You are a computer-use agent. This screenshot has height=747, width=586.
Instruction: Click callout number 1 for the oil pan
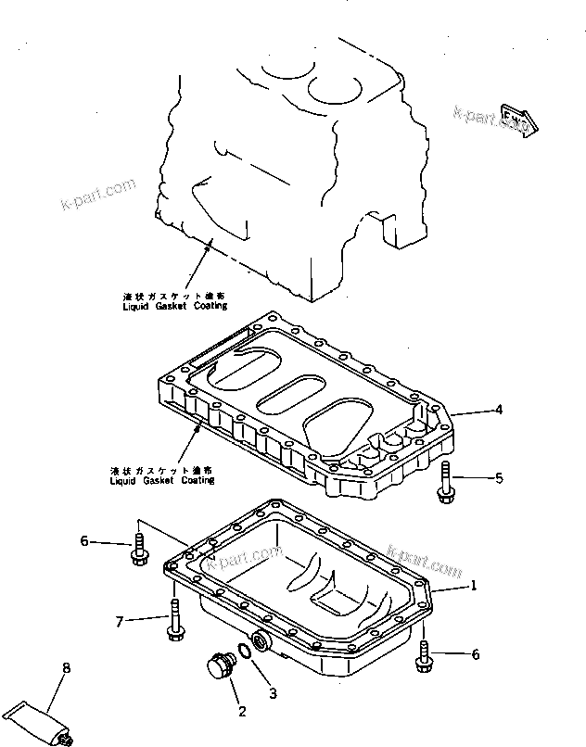[x=473, y=585]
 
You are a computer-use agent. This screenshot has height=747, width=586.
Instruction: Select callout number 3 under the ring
[x=272, y=691]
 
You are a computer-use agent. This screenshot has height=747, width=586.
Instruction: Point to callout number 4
[x=499, y=408]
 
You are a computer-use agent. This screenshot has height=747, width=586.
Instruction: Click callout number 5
[x=499, y=478]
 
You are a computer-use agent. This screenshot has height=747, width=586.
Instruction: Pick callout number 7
[x=119, y=620]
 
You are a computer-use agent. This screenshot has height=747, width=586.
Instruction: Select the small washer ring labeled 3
[x=245, y=652]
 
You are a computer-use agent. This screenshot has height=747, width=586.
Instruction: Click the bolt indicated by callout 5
[x=445, y=481]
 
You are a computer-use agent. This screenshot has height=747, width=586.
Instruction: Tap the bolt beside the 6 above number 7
[x=140, y=541]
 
